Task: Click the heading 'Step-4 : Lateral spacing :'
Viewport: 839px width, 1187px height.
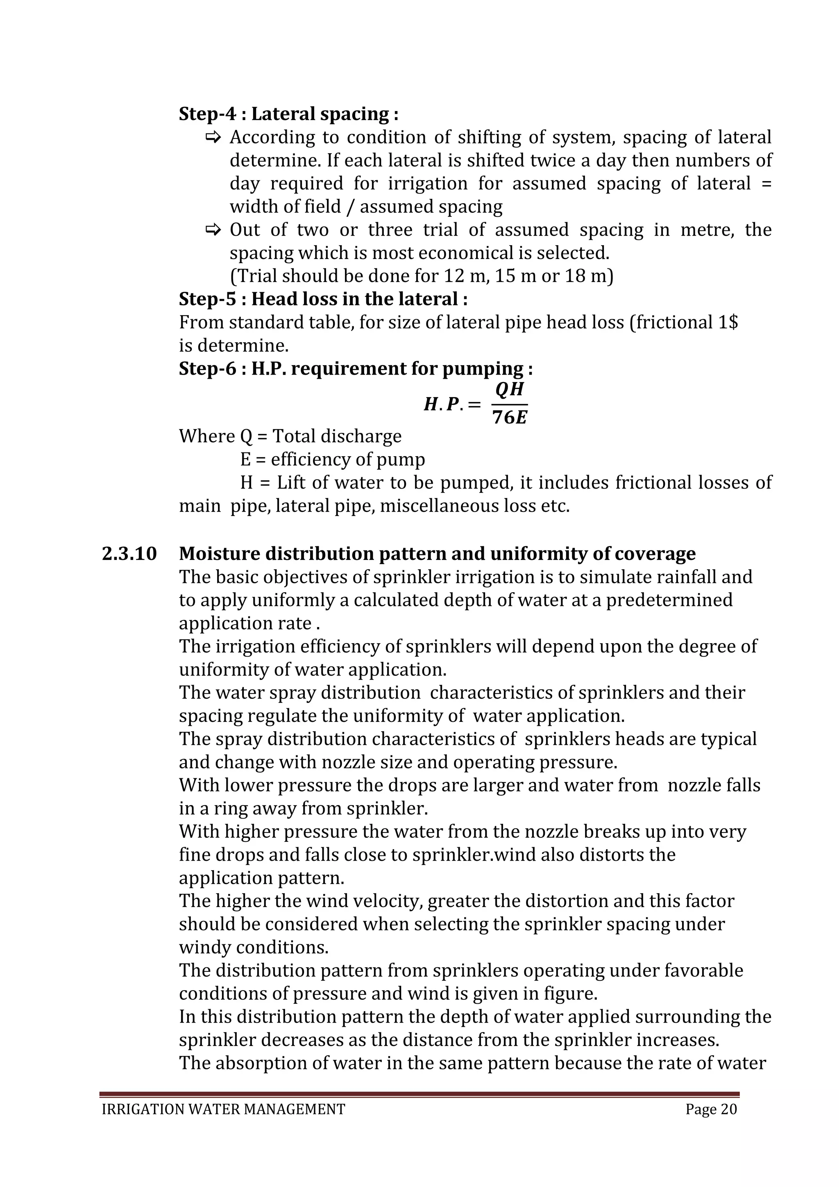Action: pyautogui.click(x=288, y=114)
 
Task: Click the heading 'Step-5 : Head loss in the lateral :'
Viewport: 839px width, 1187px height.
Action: pyautogui.click(x=323, y=299)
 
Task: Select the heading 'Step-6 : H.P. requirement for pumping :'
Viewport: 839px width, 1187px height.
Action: pyautogui.click(x=356, y=368)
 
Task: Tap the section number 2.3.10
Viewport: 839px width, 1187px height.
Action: pyautogui.click(x=129, y=554)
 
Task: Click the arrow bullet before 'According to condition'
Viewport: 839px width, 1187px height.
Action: pyautogui.click(x=213, y=138)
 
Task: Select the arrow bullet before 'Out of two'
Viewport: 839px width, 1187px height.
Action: pyautogui.click(x=213, y=230)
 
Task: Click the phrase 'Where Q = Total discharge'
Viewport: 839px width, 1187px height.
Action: pyautogui.click(x=290, y=437)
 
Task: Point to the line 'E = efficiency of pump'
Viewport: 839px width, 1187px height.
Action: pyautogui.click(x=332, y=459)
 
